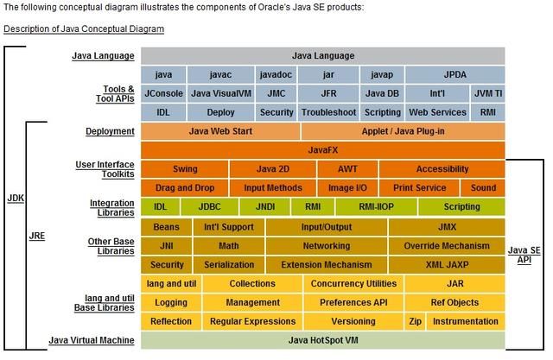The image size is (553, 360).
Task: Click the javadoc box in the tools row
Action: [278, 74]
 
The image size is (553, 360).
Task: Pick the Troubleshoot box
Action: [328, 112]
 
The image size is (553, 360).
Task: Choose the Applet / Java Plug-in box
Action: [403, 131]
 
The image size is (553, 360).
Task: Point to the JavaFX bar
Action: [322, 150]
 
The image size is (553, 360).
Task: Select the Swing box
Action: [185, 169]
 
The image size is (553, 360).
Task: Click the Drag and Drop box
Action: [185, 188]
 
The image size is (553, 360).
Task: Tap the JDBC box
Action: [209, 207]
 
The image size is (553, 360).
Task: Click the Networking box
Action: [327, 246]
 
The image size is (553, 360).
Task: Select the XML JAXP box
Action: [446, 265]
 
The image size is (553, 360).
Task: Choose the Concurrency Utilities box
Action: [353, 284]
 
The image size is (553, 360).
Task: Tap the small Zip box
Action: [416, 321]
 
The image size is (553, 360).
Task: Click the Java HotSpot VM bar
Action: [322, 340]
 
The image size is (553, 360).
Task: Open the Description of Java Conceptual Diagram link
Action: [84, 28]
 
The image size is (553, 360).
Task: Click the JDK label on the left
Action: [15, 198]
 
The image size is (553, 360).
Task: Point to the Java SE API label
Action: [526, 255]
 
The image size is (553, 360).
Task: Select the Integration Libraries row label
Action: [106, 207]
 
